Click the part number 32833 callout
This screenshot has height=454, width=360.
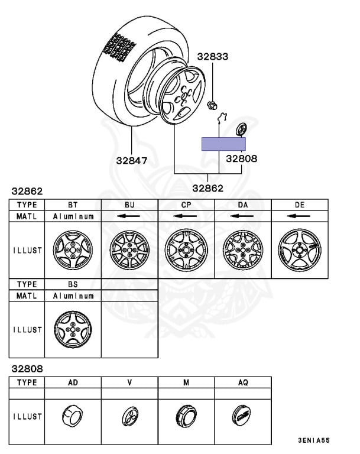pos(213,57)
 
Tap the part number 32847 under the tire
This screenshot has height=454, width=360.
pos(131,160)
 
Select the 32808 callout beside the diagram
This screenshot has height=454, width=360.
pos(242,158)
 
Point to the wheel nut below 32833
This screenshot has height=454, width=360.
pos(212,105)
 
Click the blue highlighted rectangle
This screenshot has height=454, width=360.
pos(223,144)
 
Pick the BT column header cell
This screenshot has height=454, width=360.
pos(73,205)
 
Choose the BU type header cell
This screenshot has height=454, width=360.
pos(129,205)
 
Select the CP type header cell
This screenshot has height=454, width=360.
pos(186,205)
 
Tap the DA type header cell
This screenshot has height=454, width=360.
pos(243,205)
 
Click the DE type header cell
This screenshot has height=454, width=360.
pos(300,205)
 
